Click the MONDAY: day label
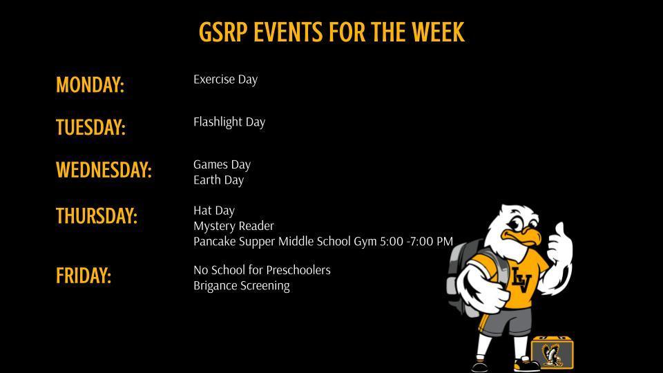[x=90, y=85]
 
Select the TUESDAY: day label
[x=90, y=128]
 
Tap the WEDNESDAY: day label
[x=104, y=170]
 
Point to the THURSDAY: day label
[x=97, y=216]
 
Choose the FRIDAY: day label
[x=84, y=276]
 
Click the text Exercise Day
[x=225, y=79]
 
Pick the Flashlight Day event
[x=229, y=122]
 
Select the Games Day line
[x=222, y=164]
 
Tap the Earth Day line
[x=218, y=180]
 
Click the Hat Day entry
[x=214, y=211]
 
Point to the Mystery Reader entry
[x=233, y=226]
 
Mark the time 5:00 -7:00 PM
[x=416, y=242]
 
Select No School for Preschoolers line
[x=262, y=270]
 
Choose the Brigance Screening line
[x=242, y=286]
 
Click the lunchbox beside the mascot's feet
[x=552, y=352]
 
